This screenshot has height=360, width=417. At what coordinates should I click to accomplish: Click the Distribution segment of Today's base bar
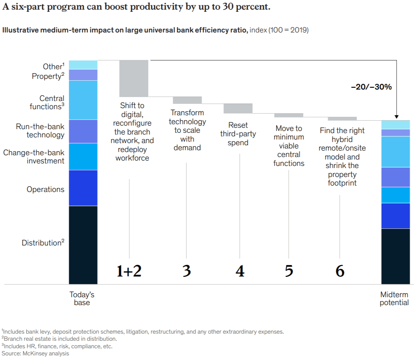[x=83, y=245]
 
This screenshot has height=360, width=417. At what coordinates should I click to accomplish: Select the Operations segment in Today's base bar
[x=83, y=188]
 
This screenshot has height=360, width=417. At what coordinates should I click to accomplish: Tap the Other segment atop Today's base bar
[x=83, y=65]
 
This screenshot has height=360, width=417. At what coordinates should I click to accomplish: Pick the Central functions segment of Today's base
[x=83, y=100]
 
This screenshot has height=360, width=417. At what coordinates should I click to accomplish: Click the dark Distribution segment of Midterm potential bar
[x=396, y=256]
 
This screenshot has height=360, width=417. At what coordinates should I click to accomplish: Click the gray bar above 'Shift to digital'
[x=134, y=78]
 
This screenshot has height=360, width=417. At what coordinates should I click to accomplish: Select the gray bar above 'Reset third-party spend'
[x=238, y=108]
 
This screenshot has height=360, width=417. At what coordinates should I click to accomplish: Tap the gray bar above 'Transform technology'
[x=187, y=100]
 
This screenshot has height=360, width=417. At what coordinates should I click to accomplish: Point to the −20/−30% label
[x=371, y=87]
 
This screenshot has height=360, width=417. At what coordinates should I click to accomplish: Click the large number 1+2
[x=129, y=272]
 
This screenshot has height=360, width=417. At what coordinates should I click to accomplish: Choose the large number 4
[x=240, y=272]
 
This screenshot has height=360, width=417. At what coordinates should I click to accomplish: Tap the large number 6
[x=340, y=272]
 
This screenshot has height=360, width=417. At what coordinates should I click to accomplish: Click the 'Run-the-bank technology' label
[x=40, y=131]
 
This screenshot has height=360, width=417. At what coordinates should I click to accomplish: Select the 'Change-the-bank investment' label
[x=34, y=157]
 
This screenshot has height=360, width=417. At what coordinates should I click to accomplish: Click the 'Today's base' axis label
[x=82, y=299]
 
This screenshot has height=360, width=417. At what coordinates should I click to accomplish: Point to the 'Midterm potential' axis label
[x=394, y=299]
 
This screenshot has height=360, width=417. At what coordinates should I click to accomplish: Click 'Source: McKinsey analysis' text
[x=35, y=353]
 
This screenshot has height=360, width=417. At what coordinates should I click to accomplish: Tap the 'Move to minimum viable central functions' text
[x=289, y=146]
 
